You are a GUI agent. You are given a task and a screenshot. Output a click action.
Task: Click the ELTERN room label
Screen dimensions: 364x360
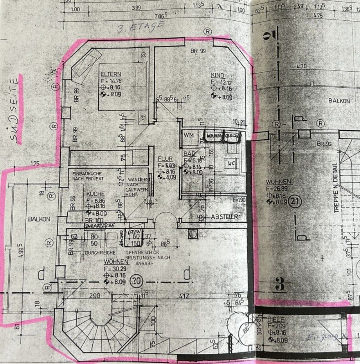110,74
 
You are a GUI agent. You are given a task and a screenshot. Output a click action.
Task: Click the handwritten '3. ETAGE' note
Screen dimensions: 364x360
141,27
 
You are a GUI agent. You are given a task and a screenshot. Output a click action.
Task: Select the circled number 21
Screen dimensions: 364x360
295,202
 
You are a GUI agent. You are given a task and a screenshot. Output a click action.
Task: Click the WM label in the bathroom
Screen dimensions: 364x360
189,135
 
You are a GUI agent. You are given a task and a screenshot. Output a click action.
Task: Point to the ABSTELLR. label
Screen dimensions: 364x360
226,216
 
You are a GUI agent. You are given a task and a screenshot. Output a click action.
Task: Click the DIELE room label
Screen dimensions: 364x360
276,320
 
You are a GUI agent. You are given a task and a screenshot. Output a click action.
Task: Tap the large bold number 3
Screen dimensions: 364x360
279,285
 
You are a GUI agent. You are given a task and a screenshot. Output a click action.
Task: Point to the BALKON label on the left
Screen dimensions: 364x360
39,219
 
